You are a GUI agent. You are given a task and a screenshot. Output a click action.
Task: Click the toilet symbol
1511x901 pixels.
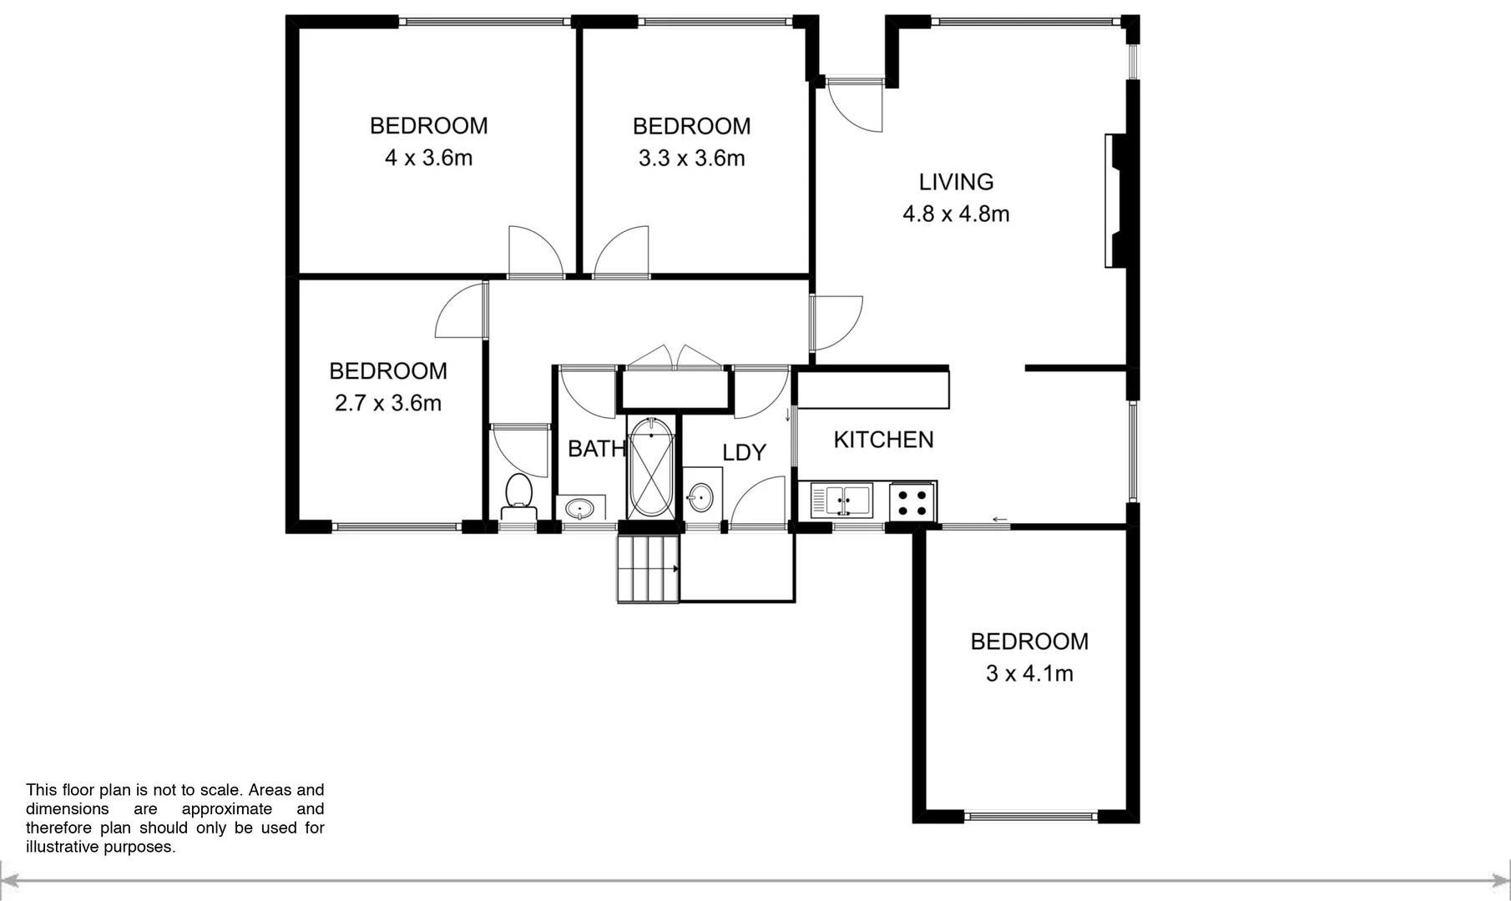[x=519, y=497]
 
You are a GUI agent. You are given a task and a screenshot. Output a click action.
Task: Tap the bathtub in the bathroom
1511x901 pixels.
[x=650, y=468]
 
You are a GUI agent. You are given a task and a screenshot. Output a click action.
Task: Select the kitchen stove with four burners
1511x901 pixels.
[x=912, y=501]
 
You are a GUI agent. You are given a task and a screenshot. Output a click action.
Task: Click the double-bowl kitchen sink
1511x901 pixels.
[x=841, y=501]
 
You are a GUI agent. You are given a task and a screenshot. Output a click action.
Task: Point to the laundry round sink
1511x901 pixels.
[x=701, y=499]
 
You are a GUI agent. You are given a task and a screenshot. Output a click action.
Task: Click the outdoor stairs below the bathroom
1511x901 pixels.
[x=648, y=568]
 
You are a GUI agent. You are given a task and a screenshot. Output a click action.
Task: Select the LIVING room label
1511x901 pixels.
[x=956, y=182]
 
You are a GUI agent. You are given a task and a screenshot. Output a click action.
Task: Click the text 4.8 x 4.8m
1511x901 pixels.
[x=956, y=214]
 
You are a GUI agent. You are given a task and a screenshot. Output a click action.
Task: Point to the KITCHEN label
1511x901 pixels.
[x=883, y=440]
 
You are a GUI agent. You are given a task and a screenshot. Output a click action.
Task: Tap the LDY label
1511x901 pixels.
[x=743, y=452]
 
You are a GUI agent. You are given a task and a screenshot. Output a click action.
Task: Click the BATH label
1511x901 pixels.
[x=596, y=449]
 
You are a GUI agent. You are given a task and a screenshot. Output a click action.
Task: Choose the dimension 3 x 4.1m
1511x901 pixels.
[x=1028, y=673]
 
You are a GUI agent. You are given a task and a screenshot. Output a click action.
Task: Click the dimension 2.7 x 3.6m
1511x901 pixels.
[x=387, y=404]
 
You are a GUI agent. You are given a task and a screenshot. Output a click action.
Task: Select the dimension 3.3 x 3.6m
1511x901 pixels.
[x=691, y=159]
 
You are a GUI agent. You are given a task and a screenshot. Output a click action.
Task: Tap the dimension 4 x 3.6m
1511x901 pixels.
[x=428, y=158]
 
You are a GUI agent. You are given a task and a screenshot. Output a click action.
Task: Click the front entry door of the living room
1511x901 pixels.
[x=855, y=104]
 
